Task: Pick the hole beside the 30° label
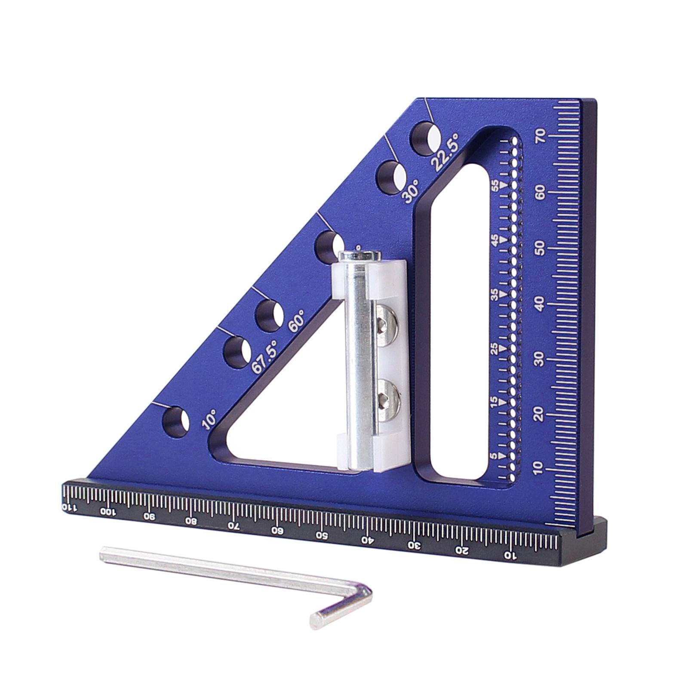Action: click(391, 177)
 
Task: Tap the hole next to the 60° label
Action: click(269, 316)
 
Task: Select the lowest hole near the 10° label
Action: click(175, 422)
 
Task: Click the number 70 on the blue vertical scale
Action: click(541, 136)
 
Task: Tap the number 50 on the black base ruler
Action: click(321, 536)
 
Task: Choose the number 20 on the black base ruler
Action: click(462, 550)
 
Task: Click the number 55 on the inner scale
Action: click(496, 185)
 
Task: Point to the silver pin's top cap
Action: click(359, 256)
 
